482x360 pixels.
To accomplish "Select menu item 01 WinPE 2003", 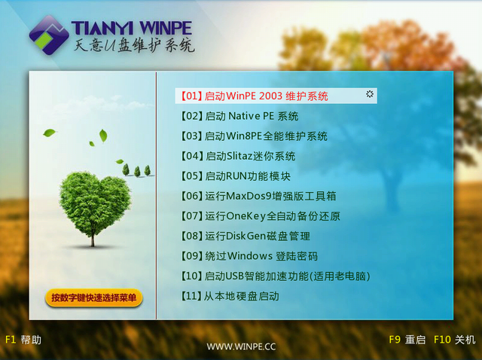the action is click(x=255, y=96).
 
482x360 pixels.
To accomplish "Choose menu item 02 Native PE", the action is click(x=239, y=116).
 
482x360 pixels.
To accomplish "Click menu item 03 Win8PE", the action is click(x=254, y=136).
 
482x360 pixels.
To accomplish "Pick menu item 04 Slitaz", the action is click(x=238, y=156).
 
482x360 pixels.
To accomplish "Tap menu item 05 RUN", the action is click(x=236, y=176).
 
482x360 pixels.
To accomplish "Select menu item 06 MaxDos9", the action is click(x=258, y=196).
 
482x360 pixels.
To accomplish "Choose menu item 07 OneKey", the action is click(x=261, y=216).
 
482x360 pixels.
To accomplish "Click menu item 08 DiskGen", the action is click(x=246, y=236).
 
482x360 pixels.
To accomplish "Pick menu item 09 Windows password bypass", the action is click(x=249, y=256).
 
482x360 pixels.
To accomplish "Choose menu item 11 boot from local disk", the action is click(x=230, y=296).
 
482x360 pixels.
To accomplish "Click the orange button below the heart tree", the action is click(x=93, y=297).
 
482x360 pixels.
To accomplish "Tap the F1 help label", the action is click(x=23, y=340).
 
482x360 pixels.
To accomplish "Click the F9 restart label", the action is click(x=407, y=340).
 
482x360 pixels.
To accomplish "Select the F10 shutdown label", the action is click(x=454, y=340).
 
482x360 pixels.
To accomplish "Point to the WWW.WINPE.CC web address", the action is click(x=241, y=346).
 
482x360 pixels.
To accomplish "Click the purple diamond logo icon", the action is click(x=49, y=35).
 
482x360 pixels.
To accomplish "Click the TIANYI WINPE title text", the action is click(x=132, y=28).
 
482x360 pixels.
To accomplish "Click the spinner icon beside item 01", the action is click(x=370, y=94).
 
